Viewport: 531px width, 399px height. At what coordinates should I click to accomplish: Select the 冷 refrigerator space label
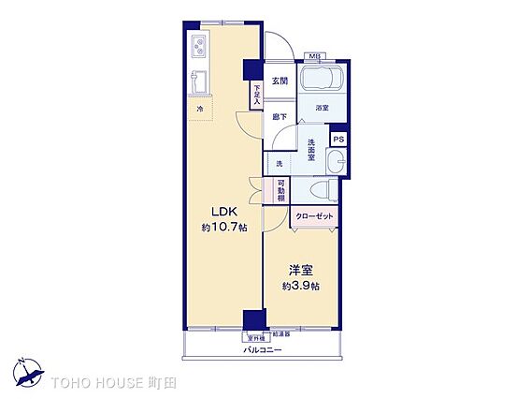(199, 111)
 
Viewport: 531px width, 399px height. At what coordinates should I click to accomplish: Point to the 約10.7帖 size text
(224, 228)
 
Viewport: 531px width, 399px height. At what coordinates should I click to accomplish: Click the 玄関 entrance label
(280, 81)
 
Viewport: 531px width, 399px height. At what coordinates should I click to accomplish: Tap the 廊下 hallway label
(280, 117)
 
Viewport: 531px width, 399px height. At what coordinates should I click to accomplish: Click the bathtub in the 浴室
(323, 80)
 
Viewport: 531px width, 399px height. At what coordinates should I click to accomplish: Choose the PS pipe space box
(338, 140)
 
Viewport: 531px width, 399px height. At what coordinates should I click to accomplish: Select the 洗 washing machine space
(279, 164)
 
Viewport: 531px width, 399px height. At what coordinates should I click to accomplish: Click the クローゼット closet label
(314, 216)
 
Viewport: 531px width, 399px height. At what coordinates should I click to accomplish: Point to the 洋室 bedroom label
(301, 269)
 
